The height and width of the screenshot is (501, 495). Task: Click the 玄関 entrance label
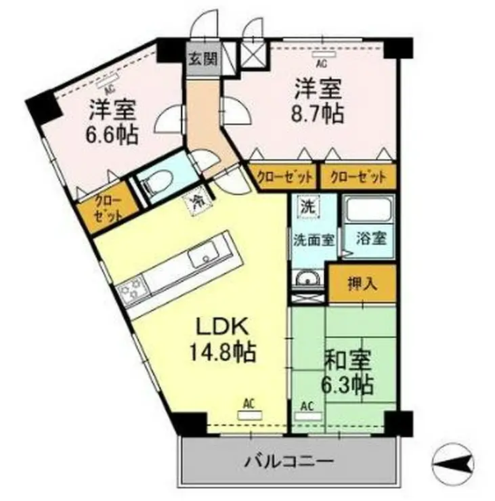tap(202, 59)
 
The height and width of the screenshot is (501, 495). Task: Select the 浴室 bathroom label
tap(370, 238)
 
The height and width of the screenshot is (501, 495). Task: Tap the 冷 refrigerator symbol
tap(196, 201)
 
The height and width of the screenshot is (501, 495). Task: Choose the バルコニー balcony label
tap(288, 463)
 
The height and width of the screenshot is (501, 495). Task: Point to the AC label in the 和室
tap(307, 408)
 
